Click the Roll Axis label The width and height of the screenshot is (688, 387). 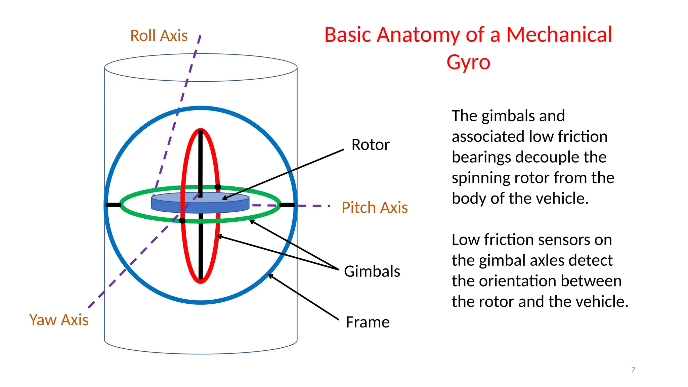point(159,36)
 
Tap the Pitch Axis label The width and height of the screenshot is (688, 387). point(374,208)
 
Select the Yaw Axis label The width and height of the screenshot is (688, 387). point(59,320)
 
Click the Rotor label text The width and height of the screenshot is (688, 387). point(370,145)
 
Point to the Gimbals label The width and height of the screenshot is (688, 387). point(372,271)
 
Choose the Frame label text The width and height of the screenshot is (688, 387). point(368,322)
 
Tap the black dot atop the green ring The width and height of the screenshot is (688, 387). point(218,187)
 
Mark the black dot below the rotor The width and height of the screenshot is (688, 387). point(182,221)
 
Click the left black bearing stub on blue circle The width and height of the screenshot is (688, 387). point(113,205)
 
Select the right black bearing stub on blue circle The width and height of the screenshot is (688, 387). point(287,205)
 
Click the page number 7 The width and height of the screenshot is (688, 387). point(633,370)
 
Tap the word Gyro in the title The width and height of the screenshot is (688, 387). point(468,62)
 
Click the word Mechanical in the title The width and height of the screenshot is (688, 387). point(559,35)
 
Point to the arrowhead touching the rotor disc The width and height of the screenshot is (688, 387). point(224,199)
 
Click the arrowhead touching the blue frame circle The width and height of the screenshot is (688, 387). point(270,276)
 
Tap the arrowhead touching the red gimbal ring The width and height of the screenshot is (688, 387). point(219,236)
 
